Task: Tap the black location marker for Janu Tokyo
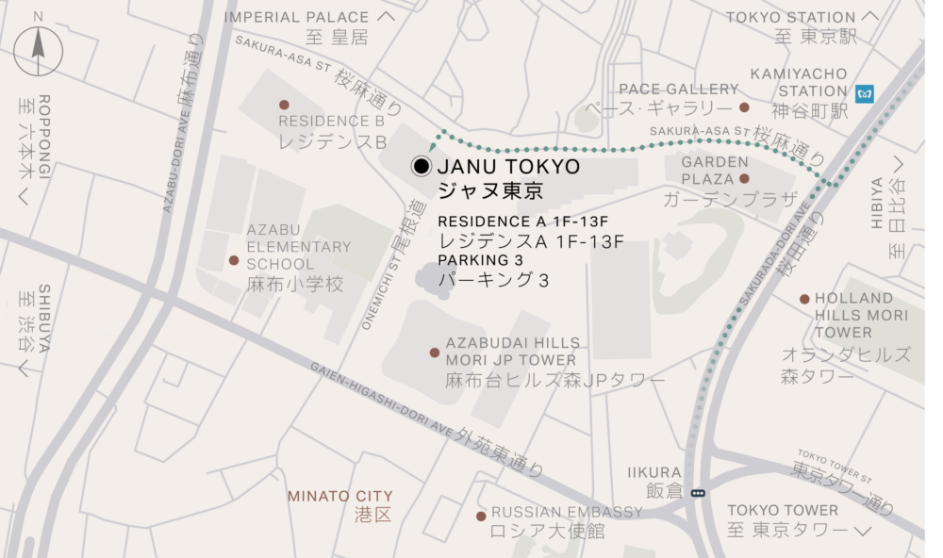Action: pyautogui.click(x=422, y=167)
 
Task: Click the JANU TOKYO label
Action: pyautogui.click(x=509, y=167)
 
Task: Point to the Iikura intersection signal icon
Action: pyautogui.click(x=698, y=492)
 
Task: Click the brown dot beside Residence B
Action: pyautogui.click(x=284, y=105)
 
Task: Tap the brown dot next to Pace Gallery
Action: pyautogui.click(x=744, y=107)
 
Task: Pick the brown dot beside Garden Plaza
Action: pyautogui.click(x=744, y=178)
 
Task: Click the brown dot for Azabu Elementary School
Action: pyautogui.click(x=234, y=260)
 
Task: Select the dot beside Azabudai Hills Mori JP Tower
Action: pyautogui.click(x=435, y=353)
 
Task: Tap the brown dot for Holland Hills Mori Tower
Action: pyautogui.click(x=804, y=299)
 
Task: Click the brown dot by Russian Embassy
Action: pyautogui.click(x=481, y=516)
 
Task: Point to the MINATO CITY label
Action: pyautogui.click(x=340, y=496)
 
